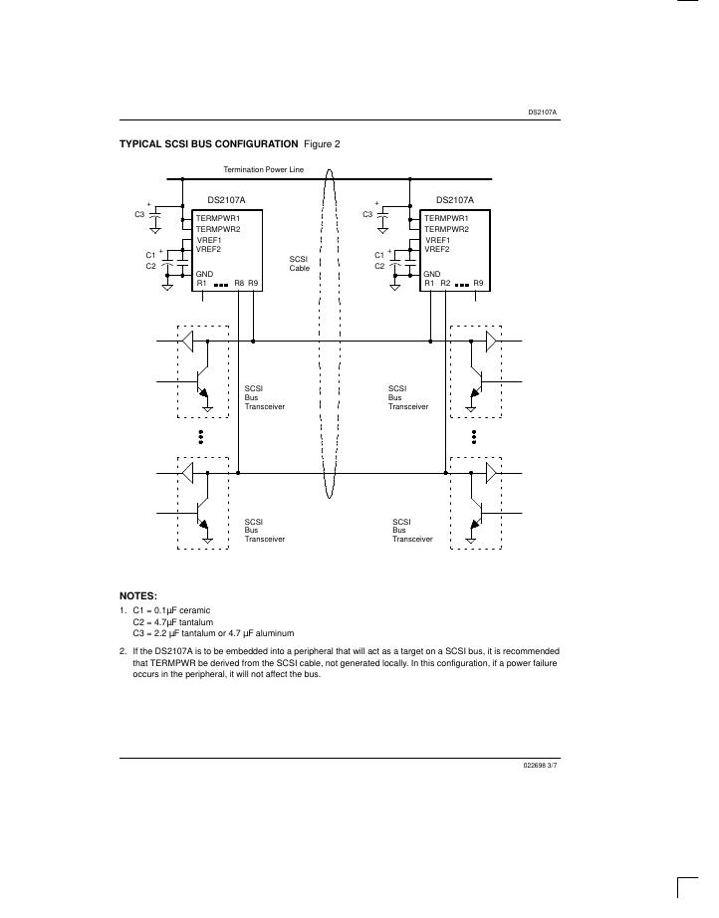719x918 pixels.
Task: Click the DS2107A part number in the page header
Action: [x=543, y=113]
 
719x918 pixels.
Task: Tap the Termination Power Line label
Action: [x=264, y=170]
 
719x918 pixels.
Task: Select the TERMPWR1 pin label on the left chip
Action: [x=218, y=218]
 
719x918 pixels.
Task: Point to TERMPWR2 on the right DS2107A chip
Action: [x=446, y=229]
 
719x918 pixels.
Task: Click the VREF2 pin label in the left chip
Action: [x=208, y=249]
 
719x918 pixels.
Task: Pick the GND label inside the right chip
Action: [x=432, y=274]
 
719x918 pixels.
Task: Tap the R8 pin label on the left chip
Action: [x=239, y=284]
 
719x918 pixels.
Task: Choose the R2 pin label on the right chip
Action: [x=445, y=284]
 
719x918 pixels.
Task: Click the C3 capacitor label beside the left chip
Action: [x=139, y=214]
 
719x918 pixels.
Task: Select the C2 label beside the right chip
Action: [x=379, y=266]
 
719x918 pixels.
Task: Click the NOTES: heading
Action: [x=138, y=595]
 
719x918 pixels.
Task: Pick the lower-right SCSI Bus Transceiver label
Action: [x=412, y=530]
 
